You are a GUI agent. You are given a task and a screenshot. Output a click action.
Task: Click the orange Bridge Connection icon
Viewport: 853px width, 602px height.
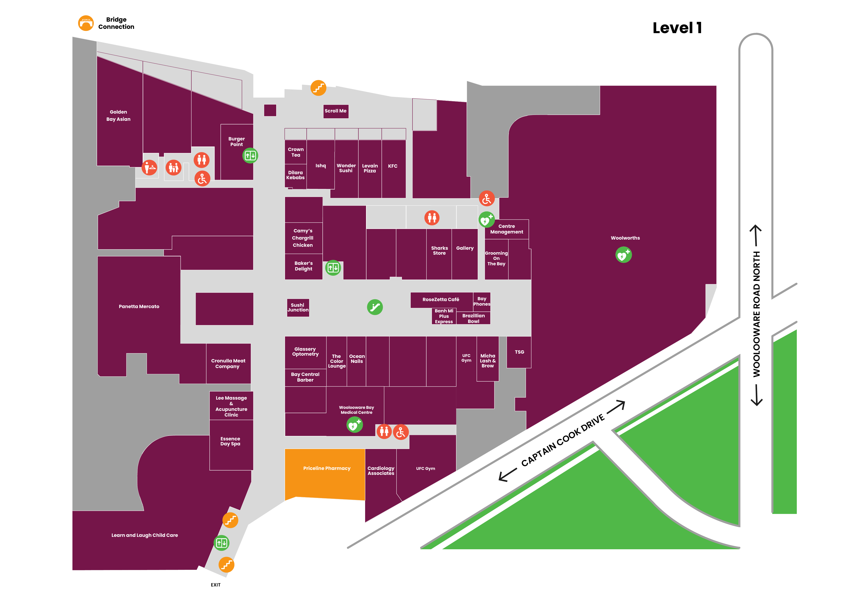coord(86,23)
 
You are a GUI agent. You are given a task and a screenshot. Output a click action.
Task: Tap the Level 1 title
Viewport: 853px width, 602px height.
coord(677,28)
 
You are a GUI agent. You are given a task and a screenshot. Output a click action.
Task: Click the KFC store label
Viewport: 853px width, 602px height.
coord(393,166)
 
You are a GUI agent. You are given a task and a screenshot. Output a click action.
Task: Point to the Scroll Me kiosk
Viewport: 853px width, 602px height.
coord(336,111)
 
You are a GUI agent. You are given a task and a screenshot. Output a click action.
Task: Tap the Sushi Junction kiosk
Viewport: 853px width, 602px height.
coord(298,308)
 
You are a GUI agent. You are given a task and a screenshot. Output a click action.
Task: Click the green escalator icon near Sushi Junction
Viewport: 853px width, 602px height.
coord(375,307)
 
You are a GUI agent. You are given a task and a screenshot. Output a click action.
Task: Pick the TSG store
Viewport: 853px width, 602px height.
coord(519,352)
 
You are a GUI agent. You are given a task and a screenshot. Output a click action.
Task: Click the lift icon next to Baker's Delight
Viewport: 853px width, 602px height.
coord(333,268)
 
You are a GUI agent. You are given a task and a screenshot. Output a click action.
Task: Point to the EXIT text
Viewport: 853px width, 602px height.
coord(216,585)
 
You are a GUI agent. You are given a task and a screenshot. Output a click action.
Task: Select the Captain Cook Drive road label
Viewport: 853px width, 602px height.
coord(563,441)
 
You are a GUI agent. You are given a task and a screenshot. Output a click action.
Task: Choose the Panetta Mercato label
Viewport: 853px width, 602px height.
coord(139,307)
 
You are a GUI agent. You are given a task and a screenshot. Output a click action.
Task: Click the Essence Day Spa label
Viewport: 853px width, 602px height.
coord(230,441)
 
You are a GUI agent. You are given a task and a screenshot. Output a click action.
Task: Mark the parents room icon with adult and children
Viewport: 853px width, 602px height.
coord(174,168)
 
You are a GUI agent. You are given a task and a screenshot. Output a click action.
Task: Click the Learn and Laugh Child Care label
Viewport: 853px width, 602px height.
coord(144,535)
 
